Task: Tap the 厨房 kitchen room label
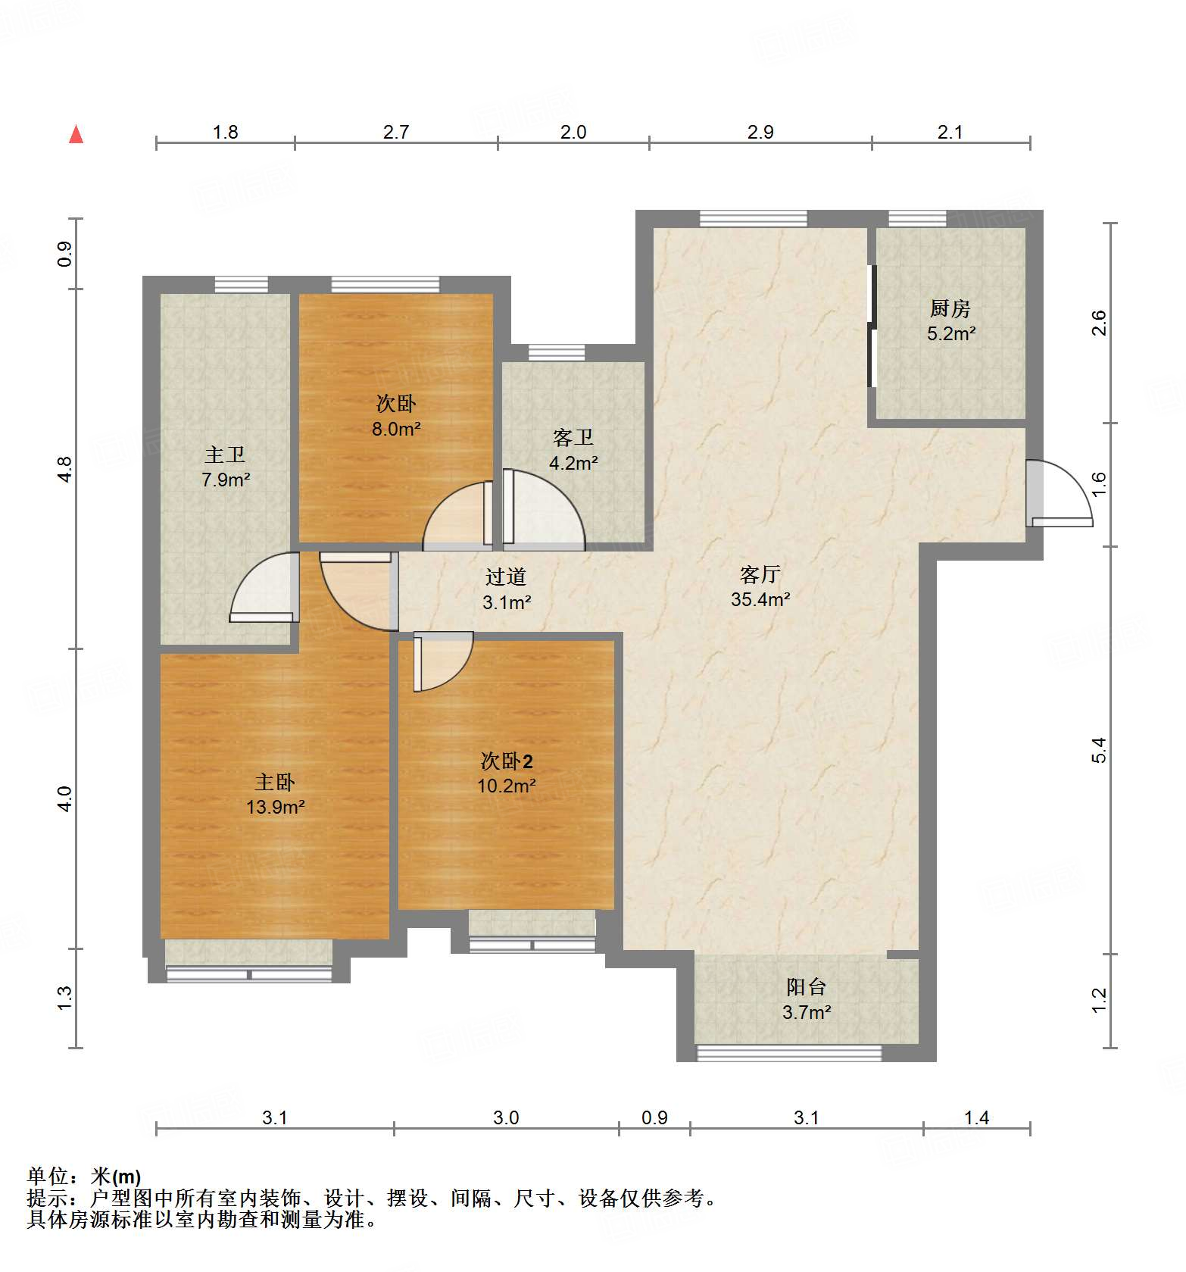(950, 308)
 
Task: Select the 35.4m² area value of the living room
(760, 599)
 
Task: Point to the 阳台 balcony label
(806, 986)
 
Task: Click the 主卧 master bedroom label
(274, 782)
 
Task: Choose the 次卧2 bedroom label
(507, 761)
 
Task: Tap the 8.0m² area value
(395, 429)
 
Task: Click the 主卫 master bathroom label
(225, 455)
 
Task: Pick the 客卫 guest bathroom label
(573, 437)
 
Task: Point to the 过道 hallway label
(505, 577)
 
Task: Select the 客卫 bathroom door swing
(544, 509)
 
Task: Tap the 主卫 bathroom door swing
(264, 588)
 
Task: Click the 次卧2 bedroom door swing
(443, 662)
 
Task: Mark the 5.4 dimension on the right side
(1100, 749)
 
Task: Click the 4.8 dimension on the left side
(65, 469)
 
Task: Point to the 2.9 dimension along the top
(760, 133)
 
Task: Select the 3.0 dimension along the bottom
(506, 1117)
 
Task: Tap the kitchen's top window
(917, 218)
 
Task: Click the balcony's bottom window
(789, 1052)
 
